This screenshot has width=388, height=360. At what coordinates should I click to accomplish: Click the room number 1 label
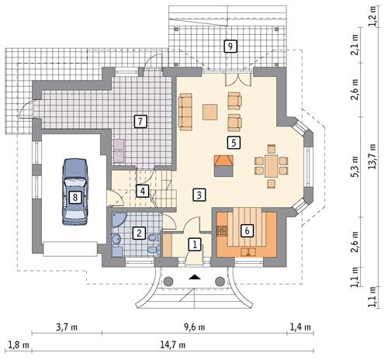tap(195, 244)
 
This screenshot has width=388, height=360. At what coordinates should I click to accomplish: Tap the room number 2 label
tap(139, 231)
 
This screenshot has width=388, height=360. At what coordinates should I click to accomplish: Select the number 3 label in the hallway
tap(199, 194)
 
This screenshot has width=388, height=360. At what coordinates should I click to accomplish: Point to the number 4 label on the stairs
tap(143, 190)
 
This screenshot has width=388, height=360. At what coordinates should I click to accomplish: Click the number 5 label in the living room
tap(232, 142)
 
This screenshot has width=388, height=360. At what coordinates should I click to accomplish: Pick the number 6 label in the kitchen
tap(247, 230)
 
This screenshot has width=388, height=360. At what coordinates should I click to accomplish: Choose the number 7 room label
tap(140, 121)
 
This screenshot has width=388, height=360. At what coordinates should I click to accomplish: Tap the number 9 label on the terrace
tap(230, 46)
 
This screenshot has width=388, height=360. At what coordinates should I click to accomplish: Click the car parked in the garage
tap(74, 192)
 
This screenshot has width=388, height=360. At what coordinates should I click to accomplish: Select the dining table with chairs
tap(271, 164)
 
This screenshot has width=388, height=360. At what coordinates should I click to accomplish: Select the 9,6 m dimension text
tap(193, 327)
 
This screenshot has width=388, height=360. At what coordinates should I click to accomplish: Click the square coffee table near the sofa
tap(210, 112)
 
